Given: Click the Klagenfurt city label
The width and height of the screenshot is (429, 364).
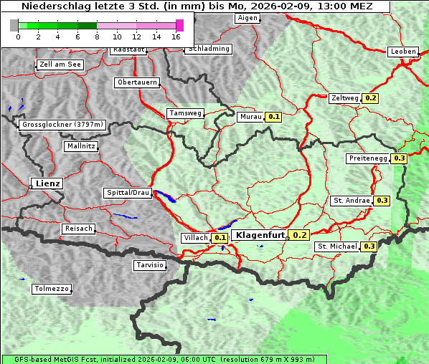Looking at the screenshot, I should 259,235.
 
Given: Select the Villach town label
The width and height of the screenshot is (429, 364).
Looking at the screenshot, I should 195,238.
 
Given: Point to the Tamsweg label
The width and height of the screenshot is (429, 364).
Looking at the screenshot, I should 186,113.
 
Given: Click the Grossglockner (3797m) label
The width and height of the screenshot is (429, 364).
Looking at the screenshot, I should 63,125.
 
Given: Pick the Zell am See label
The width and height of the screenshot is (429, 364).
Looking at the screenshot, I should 60,64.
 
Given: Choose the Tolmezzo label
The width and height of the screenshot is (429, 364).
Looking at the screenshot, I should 52,289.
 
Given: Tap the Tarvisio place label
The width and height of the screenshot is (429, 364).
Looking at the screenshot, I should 150,265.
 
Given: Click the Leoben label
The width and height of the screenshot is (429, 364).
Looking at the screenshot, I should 402,52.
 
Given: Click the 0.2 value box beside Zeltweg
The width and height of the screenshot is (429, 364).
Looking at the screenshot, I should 371,98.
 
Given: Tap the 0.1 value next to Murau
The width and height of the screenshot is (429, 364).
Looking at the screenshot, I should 273,116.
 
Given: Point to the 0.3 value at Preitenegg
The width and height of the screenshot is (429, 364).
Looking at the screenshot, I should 400,158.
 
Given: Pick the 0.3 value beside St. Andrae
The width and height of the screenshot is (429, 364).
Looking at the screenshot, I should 382,201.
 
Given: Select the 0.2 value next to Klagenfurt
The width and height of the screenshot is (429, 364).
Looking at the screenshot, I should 300,235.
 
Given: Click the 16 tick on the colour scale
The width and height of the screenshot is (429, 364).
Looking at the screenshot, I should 176,37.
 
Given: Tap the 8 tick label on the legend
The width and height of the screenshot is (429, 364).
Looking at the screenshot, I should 97,37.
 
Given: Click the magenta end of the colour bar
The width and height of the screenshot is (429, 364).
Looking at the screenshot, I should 179,25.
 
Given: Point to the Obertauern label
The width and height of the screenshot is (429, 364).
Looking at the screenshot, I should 137,82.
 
